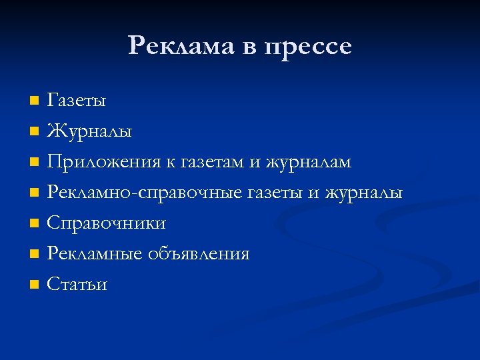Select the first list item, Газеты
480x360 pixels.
pos(76,101)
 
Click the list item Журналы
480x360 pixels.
pos(89,131)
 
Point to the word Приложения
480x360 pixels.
pos(103,163)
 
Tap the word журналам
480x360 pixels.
pos(309,163)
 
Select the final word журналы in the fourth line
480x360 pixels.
pos(364,193)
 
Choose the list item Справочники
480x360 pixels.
pos(106,223)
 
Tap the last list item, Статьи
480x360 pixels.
pos(77,285)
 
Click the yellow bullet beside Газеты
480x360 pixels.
pos(34,101)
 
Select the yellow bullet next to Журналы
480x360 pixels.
pos(34,132)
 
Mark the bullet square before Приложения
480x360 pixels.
pos(34,163)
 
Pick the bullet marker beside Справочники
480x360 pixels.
pos(34,224)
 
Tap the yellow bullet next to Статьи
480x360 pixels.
pos(34,285)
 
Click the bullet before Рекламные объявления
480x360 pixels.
pos(34,255)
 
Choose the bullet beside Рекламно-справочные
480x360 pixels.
pos(34,193)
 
